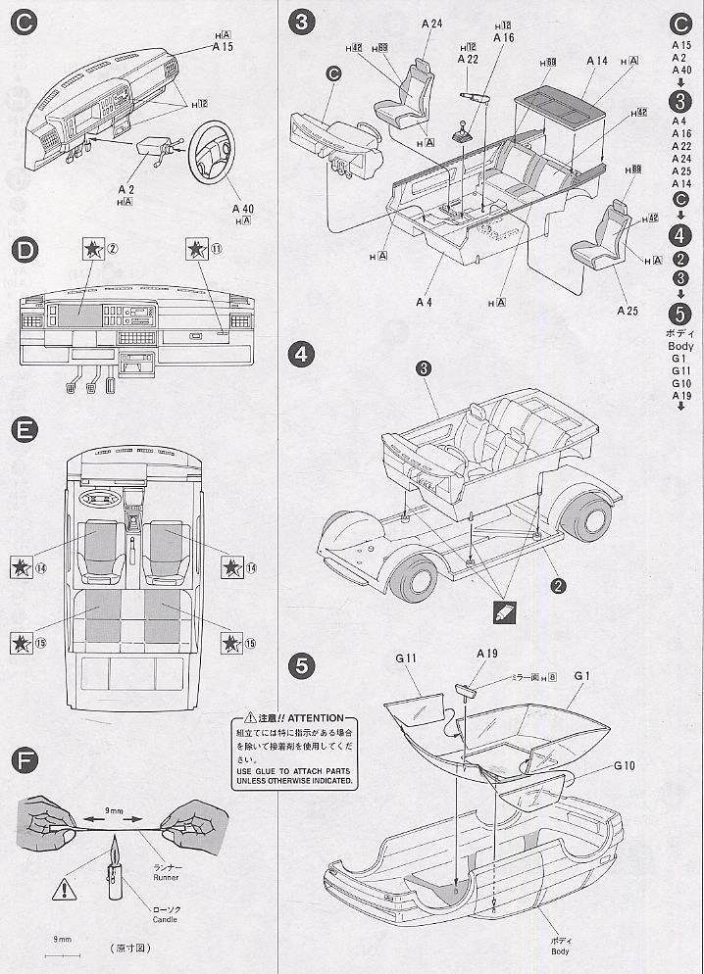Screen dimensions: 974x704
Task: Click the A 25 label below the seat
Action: click(x=628, y=311)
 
